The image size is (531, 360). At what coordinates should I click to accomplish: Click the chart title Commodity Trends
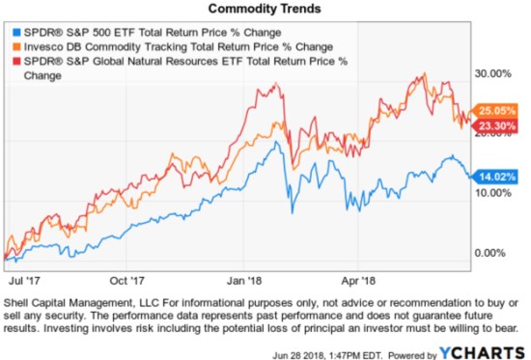[x=265, y=9]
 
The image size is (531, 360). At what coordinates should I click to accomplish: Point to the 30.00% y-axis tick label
[x=493, y=72]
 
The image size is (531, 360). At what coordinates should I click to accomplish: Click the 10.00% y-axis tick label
[x=493, y=192]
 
